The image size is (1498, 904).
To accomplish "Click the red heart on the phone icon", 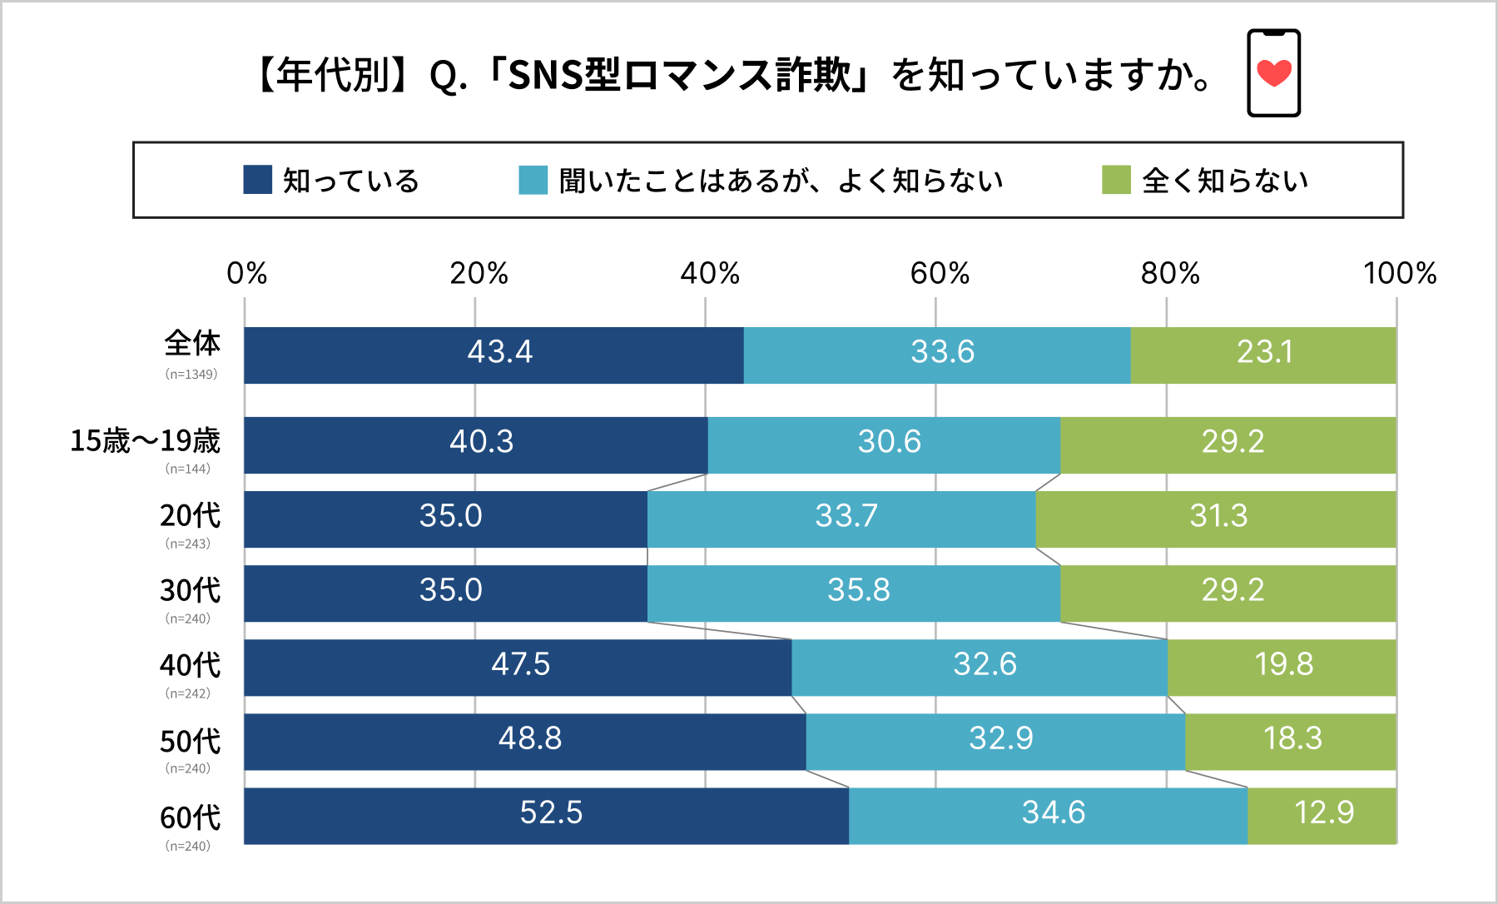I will [1273, 73].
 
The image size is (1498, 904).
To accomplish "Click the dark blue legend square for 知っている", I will [257, 180].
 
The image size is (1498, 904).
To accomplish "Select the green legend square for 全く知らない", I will [1116, 180].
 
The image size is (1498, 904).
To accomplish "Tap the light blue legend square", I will [533, 180].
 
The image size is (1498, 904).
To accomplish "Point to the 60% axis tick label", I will [940, 273].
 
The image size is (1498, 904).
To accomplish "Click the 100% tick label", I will [1400, 273].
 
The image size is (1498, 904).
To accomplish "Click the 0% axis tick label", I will [246, 273].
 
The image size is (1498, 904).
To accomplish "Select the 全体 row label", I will [192, 343].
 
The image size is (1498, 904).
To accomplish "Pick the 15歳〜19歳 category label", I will [145, 440].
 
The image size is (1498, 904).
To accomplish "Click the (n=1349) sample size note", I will [191, 375].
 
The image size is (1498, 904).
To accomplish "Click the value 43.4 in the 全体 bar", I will [499, 352].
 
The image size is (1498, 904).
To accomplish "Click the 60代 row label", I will [190, 817].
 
